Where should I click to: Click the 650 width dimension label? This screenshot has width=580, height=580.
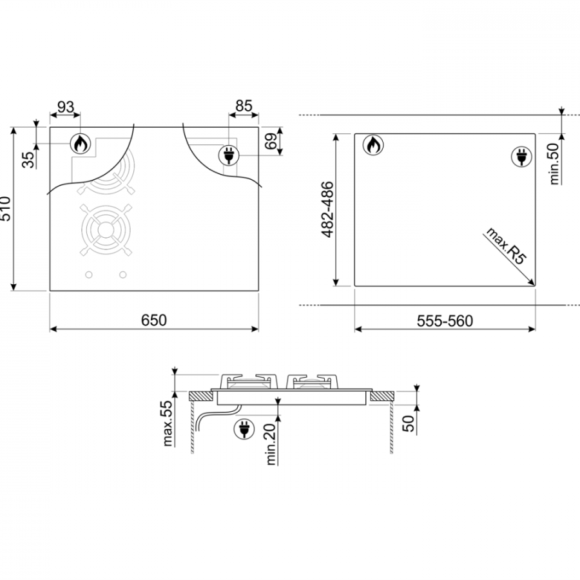pyautogui.click(x=154, y=320)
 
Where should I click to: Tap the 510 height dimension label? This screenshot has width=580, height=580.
pyautogui.click(x=5, y=209)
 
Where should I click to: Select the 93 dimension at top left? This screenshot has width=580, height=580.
pyautogui.click(x=66, y=107)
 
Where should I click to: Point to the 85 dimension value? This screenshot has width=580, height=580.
pyautogui.click(x=244, y=106)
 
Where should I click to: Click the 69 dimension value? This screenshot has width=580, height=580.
pyautogui.click(x=271, y=141)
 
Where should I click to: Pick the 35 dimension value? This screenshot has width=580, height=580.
pyautogui.click(x=28, y=159)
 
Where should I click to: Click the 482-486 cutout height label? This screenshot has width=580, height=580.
pyautogui.click(x=327, y=209)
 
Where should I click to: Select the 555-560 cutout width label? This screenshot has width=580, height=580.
pyautogui.click(x=445, y=321)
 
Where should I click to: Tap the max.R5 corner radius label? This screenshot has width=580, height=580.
pyautogui.click(x=506, y=246)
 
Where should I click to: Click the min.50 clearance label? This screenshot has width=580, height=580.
pyautogui.click(x=554, y=164)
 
